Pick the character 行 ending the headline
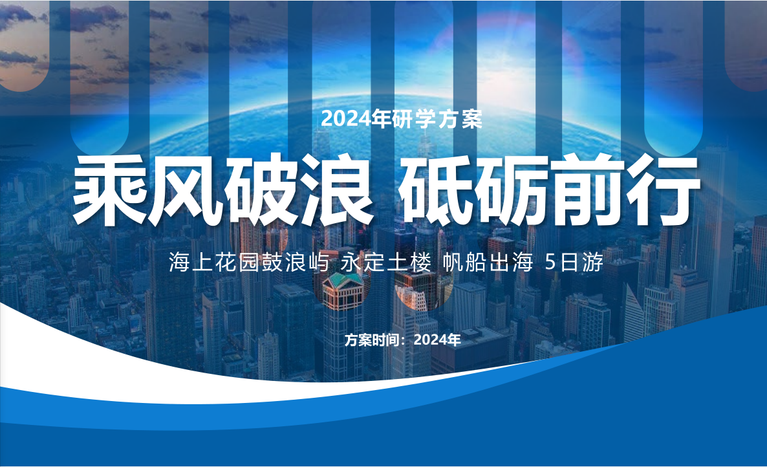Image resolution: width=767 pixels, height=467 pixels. click(663, 191)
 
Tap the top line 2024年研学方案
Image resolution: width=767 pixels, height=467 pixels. click(402, 119)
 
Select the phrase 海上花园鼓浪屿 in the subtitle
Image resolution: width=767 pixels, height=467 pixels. click(250, 263)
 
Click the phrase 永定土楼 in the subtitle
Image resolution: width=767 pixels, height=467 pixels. click(386, 263)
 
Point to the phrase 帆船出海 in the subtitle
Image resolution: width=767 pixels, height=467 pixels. click(488, 263)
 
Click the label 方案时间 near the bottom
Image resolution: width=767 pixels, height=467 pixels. click(373, 340)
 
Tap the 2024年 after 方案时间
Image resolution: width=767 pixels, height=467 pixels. click(437, 340)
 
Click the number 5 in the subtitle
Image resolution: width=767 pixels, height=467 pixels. click(550, 263)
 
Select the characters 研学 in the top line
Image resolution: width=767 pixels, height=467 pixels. click(413, 119)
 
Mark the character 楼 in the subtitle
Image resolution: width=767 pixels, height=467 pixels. click(420, 263)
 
